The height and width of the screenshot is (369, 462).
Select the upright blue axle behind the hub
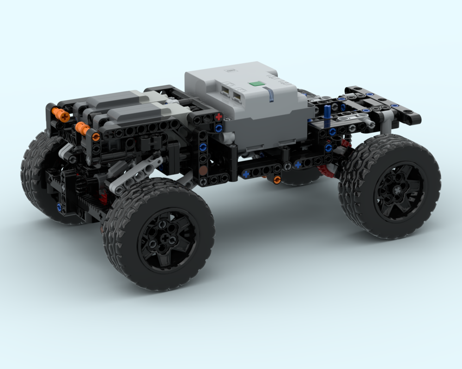327,115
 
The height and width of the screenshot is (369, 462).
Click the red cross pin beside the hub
219,117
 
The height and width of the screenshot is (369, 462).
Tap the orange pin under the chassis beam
277,179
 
